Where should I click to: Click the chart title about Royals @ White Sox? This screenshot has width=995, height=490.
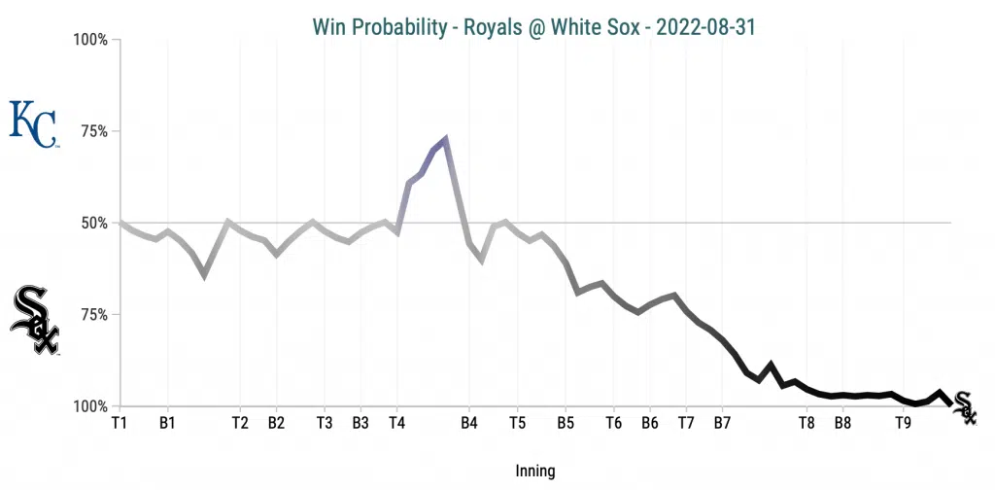click(x=533, y=26)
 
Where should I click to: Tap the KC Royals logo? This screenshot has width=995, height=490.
click(x=33, y=123)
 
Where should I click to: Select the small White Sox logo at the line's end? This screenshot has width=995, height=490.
click(x=964, y=406)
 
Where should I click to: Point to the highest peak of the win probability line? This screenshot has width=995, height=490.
click(x=445, y=138)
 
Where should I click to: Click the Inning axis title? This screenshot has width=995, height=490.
click(x=534, y=471)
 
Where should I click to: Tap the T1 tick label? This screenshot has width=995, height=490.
click(x=120, y=423)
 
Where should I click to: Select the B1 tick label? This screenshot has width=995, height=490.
click(x=167, y=423)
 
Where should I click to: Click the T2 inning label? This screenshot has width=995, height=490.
click(x=240, y=423)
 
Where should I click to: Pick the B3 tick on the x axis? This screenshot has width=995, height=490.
click(x=360, y=423)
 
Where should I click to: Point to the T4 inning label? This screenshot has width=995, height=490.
click(x=397, y=423)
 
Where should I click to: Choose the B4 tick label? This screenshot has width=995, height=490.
click(x=469, y=423)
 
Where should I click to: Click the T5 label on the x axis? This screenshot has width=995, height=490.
click(x=517, y=423)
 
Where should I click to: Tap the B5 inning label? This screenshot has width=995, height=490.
click(x=566, y=423)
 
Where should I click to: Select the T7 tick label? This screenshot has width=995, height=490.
click(x=686, y=423)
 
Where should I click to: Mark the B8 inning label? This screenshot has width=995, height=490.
click(x=842, y=423)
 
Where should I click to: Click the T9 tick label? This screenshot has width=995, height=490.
click(x=903, y=423)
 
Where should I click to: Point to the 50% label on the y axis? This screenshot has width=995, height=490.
click(x=93, y=223)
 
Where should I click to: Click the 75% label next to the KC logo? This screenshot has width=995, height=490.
click(x=93, y=131)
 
